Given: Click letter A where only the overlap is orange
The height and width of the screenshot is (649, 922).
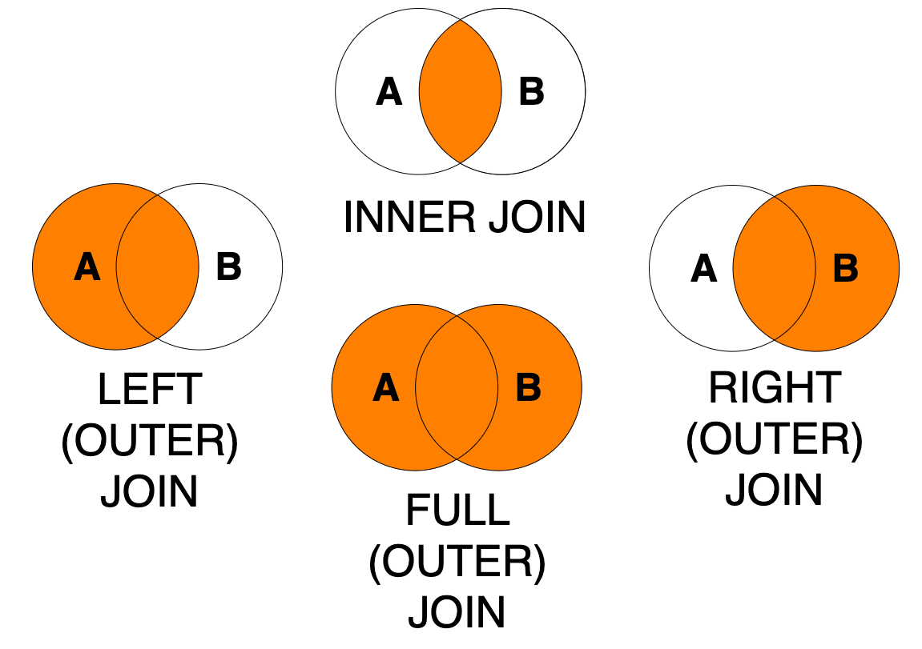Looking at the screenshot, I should (x=389, y=92).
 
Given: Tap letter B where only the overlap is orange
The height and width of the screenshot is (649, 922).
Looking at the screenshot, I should (x=532, y=92).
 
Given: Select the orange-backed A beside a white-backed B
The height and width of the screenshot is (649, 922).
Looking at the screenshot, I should (x=87, y=267).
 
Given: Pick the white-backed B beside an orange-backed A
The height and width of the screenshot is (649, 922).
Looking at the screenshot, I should (x=229, y=267).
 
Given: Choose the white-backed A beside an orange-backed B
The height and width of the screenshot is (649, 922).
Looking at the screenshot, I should (x=703, y=269).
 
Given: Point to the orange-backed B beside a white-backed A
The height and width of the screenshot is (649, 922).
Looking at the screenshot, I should (x=845, y=269).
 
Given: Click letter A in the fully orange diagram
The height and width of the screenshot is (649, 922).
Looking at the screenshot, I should (x=385, y=388).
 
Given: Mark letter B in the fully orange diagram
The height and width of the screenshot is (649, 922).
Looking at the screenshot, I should (x=528, y=388).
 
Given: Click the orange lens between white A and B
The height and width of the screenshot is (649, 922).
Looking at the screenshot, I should (x=461, y=92).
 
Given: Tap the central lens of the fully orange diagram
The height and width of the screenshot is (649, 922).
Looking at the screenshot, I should (x=457, y=388).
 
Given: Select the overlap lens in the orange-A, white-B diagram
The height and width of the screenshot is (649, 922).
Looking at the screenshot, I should (x=158, y=267).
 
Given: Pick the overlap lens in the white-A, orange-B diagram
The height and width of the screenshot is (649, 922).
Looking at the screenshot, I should (x=774, y=269).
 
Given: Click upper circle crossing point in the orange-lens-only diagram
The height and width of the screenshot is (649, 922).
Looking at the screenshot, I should (x=461, y=20).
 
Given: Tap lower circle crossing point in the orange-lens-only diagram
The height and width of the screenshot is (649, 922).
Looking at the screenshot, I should (x=461, y=163).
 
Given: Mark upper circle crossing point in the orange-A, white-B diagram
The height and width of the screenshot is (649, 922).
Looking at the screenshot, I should (x=158, y=195).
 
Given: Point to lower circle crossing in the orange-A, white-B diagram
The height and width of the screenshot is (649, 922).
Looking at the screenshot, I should (x=158, y=339).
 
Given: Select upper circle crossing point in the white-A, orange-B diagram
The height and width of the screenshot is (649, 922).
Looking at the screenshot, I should (x=774, y=197).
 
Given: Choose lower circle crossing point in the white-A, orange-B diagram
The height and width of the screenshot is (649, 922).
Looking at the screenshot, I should (x=774, y=340).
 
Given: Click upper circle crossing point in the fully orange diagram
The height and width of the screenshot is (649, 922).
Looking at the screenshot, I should (x=457, y=316).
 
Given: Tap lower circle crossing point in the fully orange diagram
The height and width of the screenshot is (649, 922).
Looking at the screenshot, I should (x=457, y=459).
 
